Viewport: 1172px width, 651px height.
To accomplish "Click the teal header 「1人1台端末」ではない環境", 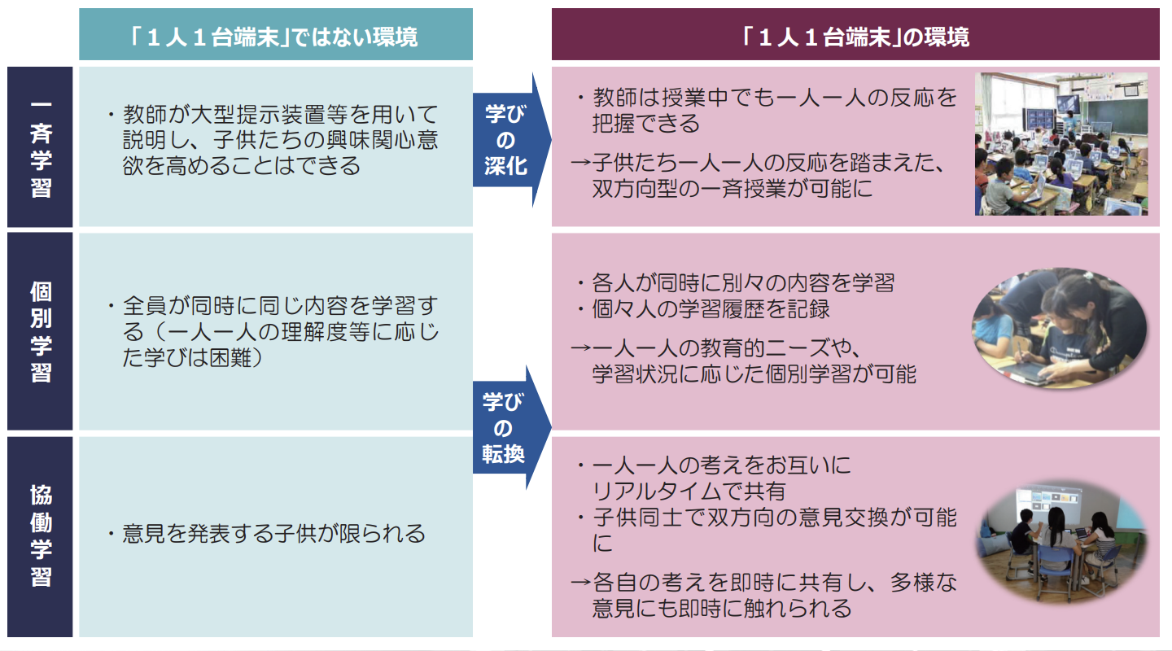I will click(275, 37).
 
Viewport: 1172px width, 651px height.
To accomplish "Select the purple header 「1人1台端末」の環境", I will click(855, 37).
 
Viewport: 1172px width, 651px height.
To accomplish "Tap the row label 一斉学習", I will click(40, 146).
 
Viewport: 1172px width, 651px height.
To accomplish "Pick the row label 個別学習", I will click(40, 331).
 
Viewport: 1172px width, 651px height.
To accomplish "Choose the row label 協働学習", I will click(40, 537).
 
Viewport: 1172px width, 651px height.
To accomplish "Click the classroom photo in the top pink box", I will click(1061, 144).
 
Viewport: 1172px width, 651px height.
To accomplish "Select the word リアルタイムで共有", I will click(689, 492).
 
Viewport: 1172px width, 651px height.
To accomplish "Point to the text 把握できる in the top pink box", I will click(646, 124).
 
